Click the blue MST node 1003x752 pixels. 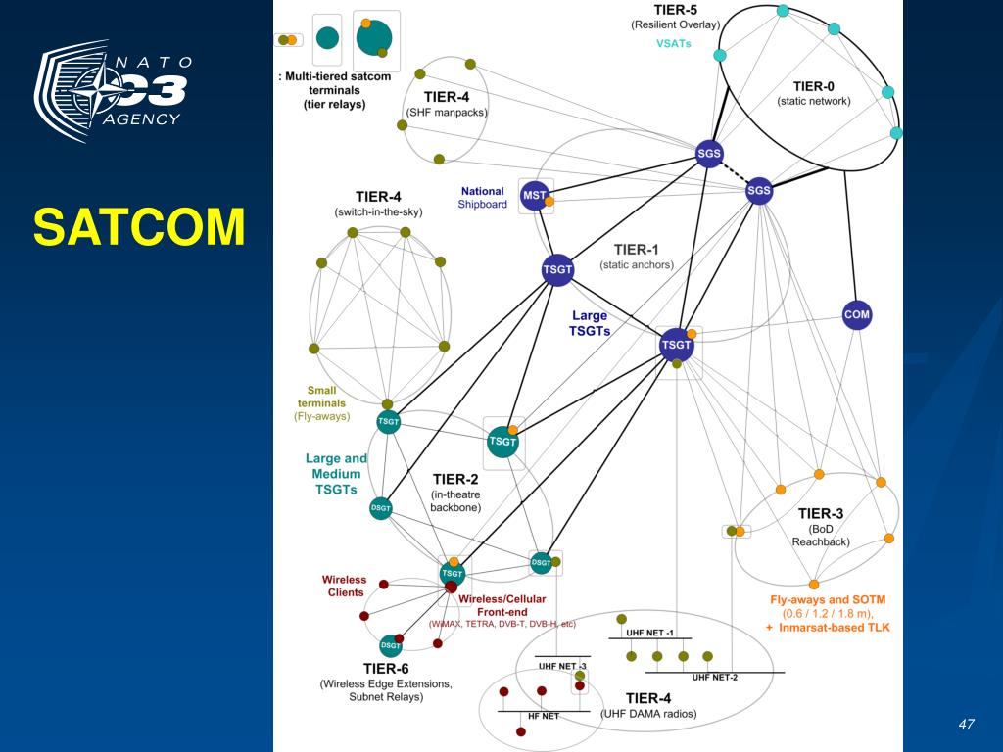coord(534,196)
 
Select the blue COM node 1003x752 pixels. coord(856,315)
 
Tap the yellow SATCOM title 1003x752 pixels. coord(138,227)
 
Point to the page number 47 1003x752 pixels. coord(967,724)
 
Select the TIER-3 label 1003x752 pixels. coord(820,513)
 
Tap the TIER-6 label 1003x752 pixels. coord(386,669)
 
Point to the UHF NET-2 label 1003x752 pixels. coord(715,677)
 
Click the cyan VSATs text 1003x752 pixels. coord(675,43)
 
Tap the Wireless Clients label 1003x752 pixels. coord(343,586)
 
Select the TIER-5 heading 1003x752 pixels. coord(676,10)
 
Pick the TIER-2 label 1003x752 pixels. coord(455,479)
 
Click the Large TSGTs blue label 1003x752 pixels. coord(590,323)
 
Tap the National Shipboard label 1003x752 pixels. coord(482,198)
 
